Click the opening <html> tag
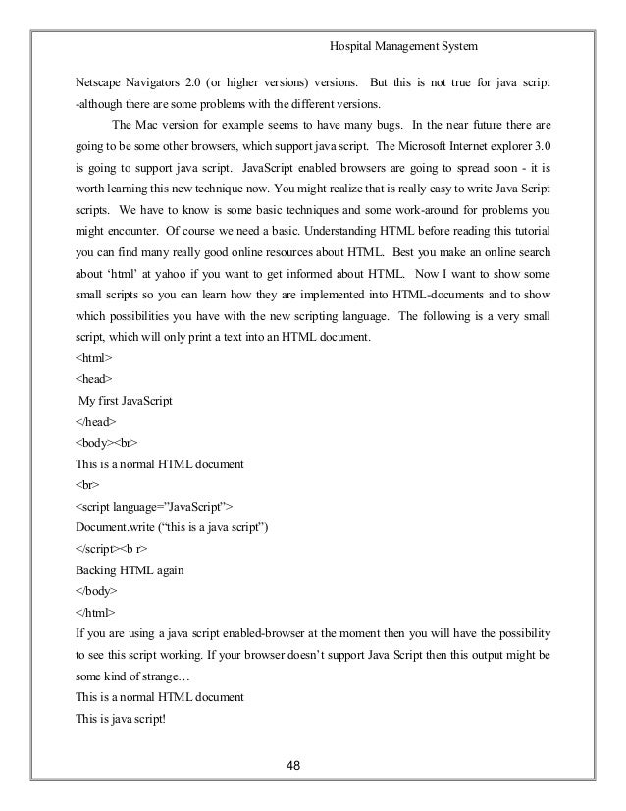point(94,357)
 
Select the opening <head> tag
point(94,378)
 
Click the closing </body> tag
point(97,592)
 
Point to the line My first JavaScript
point(130,400)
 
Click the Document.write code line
point(172,528)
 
